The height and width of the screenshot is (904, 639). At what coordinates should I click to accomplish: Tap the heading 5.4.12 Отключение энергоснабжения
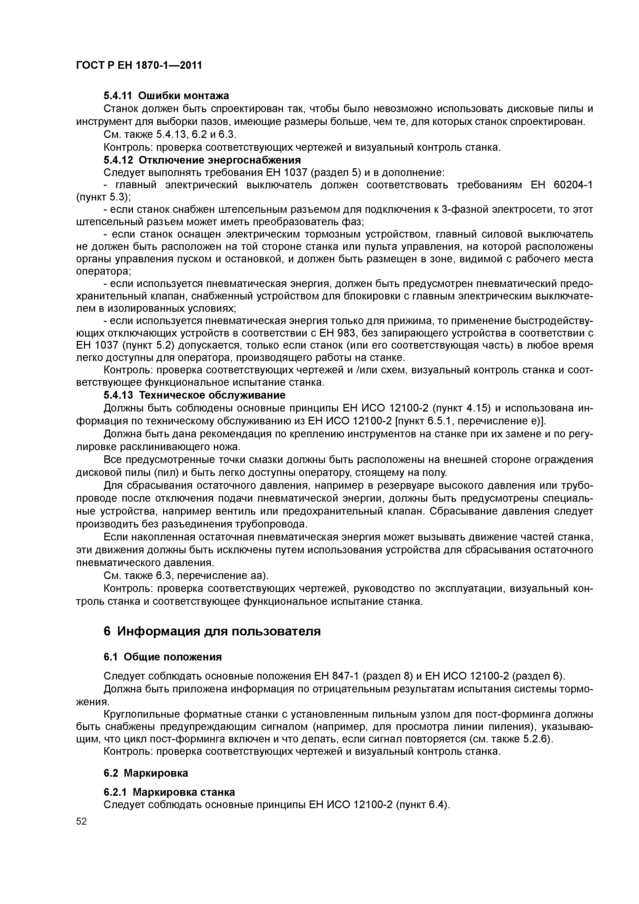click(202, 160)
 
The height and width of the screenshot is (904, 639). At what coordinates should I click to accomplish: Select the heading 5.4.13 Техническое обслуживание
click(195, 395)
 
